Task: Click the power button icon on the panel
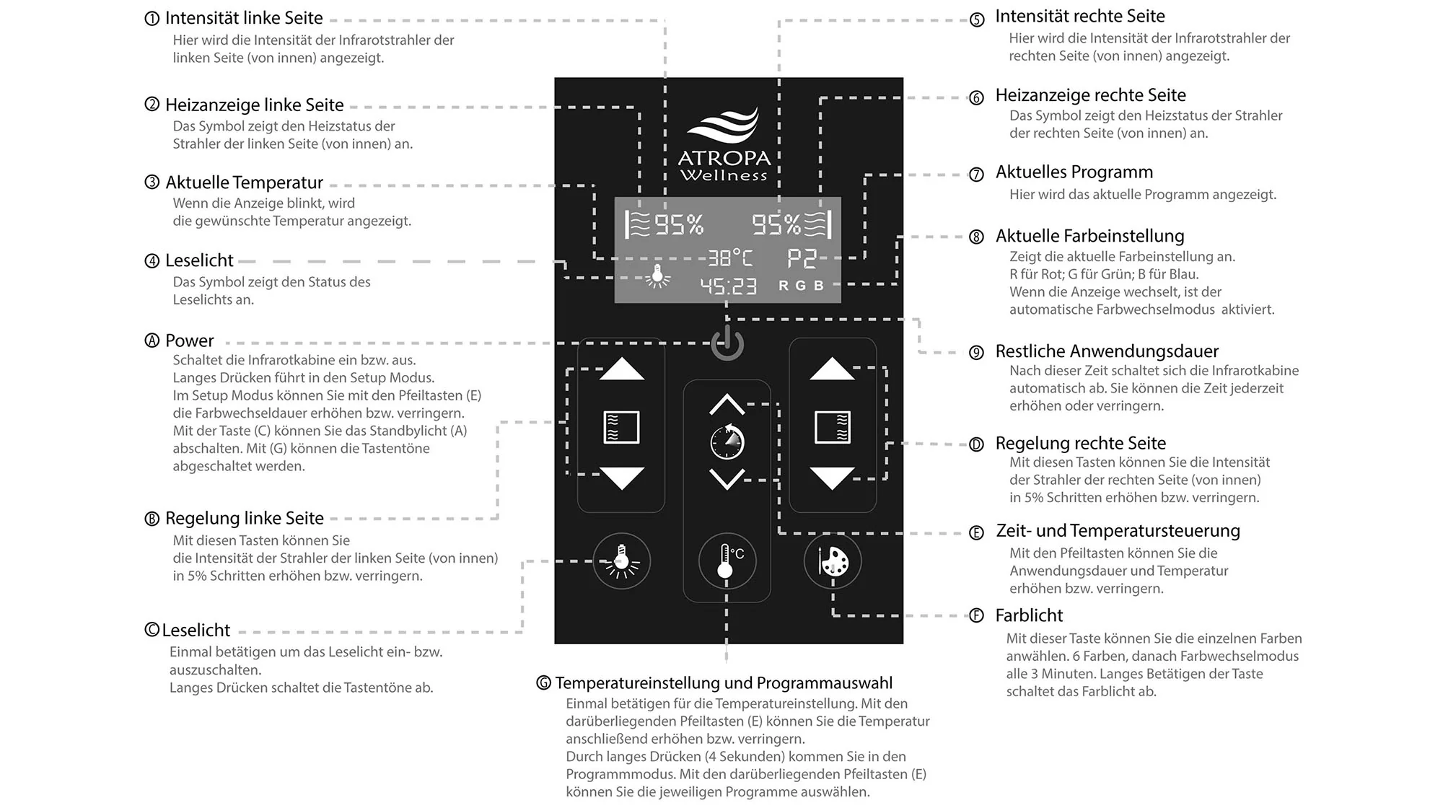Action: coord(727,344)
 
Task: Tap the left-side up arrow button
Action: coord(621,369)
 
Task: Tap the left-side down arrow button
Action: coord(621,478)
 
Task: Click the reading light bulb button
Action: coord(621,561)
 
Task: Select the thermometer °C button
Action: coord(727,561)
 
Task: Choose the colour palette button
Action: coord(833,561)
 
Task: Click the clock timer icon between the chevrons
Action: coord(727,442)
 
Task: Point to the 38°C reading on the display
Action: coord(729,258)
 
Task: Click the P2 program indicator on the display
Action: coord(802,258)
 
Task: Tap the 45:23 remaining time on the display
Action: coord(729,286)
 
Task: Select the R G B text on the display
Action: coord(801,286)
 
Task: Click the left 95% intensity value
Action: coord(679,225)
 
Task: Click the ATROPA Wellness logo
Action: coord(724,145)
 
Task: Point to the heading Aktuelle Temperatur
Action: coord(244,183)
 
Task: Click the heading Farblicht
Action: coord(1029,615)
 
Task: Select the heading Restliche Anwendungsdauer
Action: coord(1107,351)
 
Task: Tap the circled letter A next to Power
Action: coord(152,341)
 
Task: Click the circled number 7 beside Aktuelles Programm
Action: coord(976,175)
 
